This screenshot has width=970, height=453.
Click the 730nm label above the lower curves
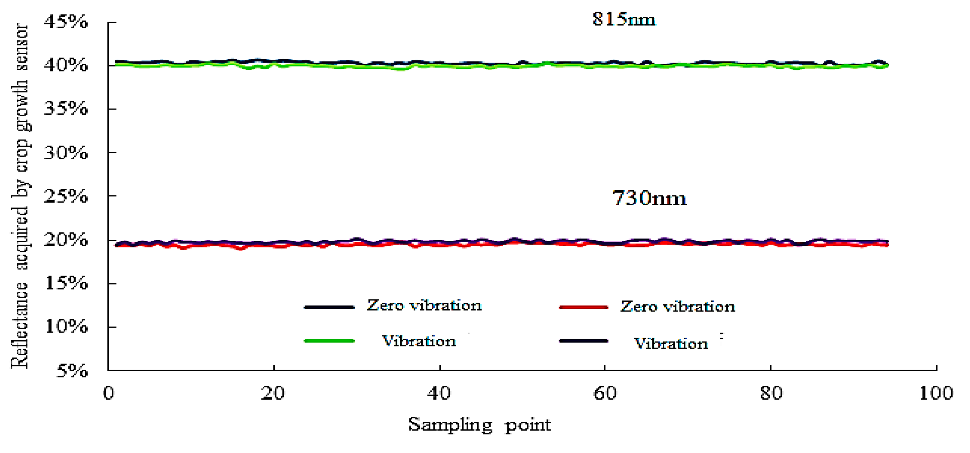pyautogui.click(x=649, y=198)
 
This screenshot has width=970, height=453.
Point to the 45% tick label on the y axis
pyautogui.click(x=66, y=22)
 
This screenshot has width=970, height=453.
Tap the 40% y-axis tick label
pyautogui.click(x=66, y=66)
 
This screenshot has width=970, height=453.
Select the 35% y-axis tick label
pyautogui.click(x=66, y=109)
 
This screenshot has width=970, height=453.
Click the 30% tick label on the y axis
pyautogui.click(x=66, y=153)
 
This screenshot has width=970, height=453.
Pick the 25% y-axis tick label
pyautogui.click(x=66, y=196)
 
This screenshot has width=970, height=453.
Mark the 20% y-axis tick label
pyautogui.click(x=66, y=239)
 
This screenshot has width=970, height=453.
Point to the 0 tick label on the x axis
pyautogui.click(x=109, y=394)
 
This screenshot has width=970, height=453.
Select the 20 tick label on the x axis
pyautogui.click(x=273, y=394)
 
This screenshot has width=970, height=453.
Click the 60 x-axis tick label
pyautogui.click(x=605, y=394)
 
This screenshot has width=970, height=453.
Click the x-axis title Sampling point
pyautogui.click(x=480, y=425)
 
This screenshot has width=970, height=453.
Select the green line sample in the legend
pyautogui.click(x=329, y=341)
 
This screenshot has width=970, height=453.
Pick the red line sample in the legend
pyautogui.click(x=584, y=307)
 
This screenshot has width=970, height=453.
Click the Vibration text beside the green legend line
pyautogui.click(x=419, y=341)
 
